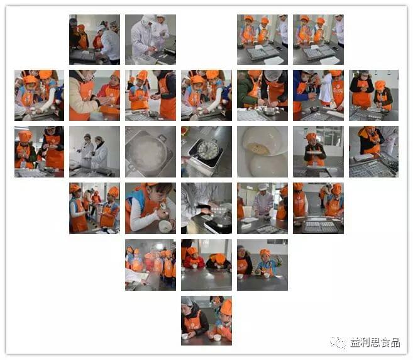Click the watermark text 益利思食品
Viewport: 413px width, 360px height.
tap(375, 343)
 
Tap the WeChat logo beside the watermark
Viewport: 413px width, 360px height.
tap(338, 343)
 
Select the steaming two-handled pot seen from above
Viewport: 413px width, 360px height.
tap(149, 152)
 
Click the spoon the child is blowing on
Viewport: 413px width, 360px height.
tap(164, 206)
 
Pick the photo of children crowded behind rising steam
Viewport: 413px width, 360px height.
tap(150, 265)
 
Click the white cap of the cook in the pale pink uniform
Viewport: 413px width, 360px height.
tap(263, 187)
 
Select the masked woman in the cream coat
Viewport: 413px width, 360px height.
tap(82, 95)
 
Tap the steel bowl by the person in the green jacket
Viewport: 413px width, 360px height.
tap(269, 111)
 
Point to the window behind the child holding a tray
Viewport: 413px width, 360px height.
tap(330, 136)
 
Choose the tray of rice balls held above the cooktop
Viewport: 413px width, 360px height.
tap(218, 210)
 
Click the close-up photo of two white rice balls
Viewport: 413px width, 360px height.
tap(262, 152)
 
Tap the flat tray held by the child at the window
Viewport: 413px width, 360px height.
tap(314, 153)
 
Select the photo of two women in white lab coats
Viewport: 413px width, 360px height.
tap(94, 152)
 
